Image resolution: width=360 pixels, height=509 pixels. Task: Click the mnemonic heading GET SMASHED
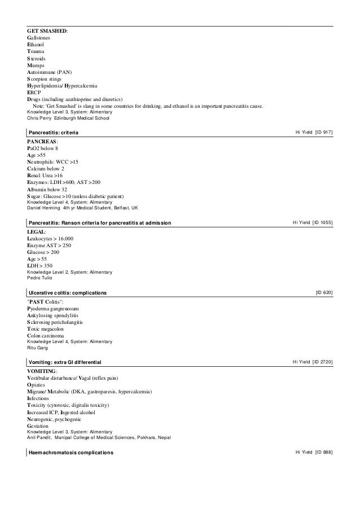47,30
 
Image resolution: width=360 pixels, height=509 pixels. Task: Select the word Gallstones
39,37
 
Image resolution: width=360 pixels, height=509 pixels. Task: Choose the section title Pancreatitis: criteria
54,132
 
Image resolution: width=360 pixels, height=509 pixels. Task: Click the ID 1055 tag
322,223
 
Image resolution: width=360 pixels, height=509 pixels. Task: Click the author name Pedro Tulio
39,278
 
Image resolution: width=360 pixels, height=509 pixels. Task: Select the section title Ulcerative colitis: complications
67,293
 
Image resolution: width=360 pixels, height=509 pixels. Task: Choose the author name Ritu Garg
38,348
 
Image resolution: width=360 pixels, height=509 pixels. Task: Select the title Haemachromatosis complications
71,453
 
